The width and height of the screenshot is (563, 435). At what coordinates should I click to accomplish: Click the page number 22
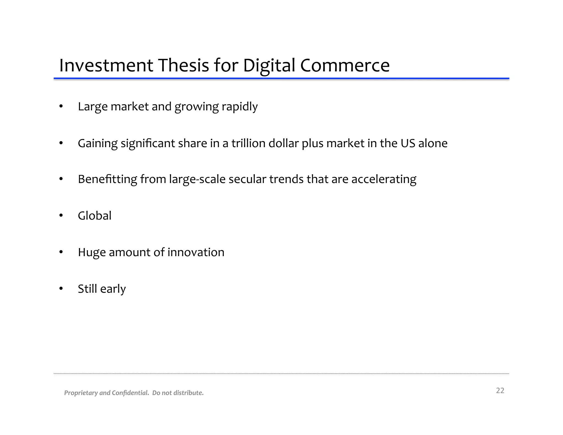click(500, 390)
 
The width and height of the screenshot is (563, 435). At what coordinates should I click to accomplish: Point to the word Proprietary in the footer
click(81, 393)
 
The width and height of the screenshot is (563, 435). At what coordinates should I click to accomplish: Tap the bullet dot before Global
click(61, 216)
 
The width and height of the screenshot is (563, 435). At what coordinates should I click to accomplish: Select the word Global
click(95, 216)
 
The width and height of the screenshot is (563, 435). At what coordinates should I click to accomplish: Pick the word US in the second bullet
click(408, 143)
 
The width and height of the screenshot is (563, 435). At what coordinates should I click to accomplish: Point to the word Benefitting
click(107, 179)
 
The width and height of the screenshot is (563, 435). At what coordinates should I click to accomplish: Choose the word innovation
click(196, 252)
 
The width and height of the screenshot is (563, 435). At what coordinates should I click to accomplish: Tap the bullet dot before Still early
click(61, 289)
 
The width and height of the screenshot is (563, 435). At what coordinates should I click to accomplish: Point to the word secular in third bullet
click(247, 179)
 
